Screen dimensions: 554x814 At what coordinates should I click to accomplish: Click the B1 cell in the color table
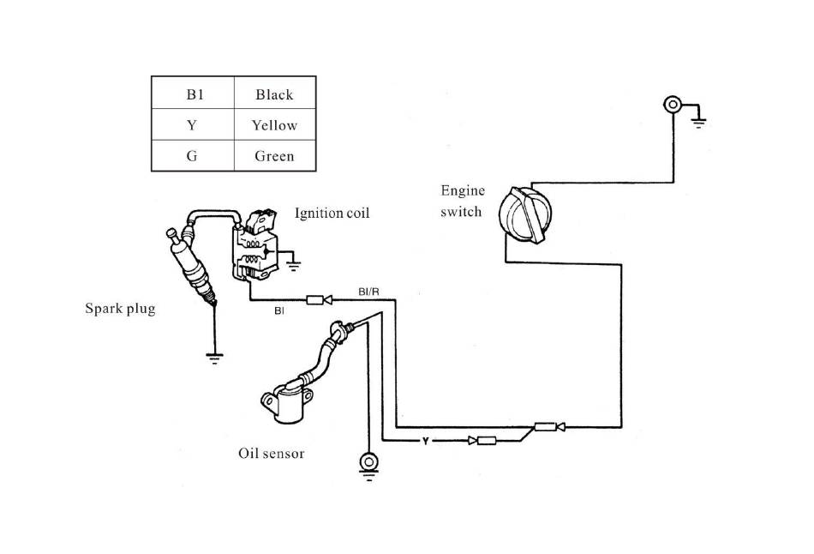coord(192,94)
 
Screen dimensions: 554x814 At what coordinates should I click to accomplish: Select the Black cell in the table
coord(274,94)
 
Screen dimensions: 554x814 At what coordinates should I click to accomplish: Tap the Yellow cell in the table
coord(274,125)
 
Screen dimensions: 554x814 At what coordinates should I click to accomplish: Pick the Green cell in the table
coord(274,156)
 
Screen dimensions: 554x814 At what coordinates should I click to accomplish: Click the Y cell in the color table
coord(192,125)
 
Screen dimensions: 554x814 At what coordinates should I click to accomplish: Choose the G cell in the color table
coord(192,156)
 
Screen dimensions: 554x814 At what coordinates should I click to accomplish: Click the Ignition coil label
coord(332,213)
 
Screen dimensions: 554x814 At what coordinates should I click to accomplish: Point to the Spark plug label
coord(120,308)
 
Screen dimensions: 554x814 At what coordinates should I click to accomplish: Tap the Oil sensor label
coord(271,453)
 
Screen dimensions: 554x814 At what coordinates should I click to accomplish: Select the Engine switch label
coord(463,201)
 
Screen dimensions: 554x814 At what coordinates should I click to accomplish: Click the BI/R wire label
coord(368,292)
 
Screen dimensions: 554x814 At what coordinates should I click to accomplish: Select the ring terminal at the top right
coord(673,105)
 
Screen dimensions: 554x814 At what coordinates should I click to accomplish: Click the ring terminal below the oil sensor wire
coord(368,462)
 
